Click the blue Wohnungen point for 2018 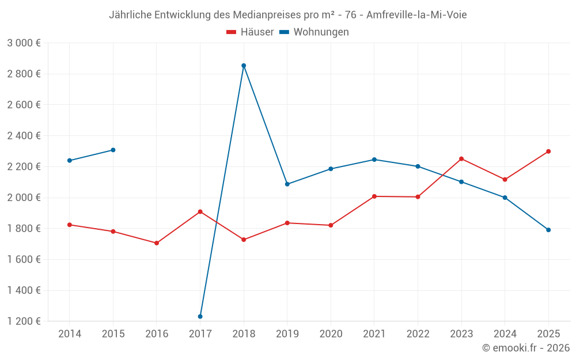(244, 66)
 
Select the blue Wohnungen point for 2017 (200, 316)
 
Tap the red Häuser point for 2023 (461, 159)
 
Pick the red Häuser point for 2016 (157, 243)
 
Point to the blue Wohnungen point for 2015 (113, 150)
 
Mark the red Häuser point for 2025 (548, 151)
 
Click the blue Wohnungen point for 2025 (548, 230)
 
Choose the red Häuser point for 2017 (200, 211)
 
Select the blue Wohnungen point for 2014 (70, 161)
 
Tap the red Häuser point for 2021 (374, 196)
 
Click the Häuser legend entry (250, 32)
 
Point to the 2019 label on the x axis (287, 334)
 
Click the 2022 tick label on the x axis (418, 334)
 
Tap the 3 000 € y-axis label (24, 43)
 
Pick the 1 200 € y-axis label (24, 321)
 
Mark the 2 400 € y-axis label (24, 135)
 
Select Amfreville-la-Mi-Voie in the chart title (416, 15)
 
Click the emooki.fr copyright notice (526, 348)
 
